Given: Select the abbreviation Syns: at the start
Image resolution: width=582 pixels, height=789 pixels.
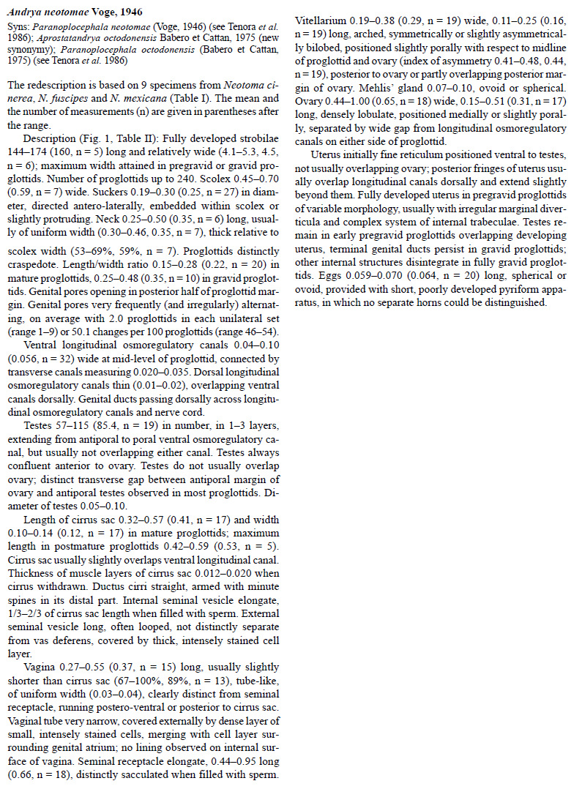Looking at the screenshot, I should [x=18, y=23].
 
